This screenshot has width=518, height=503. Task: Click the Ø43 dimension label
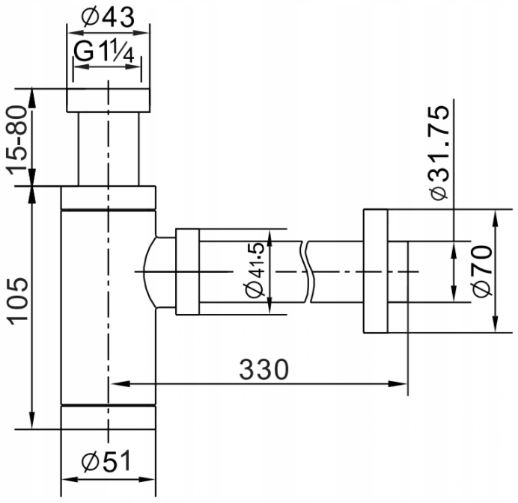click(108, 17)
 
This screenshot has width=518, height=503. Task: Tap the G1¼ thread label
click(104, 51)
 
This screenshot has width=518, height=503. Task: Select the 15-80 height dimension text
click(16, 140)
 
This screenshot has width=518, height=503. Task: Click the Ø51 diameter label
click(106, 460)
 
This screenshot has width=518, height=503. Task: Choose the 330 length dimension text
click(263, 369)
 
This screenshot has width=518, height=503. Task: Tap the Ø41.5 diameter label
click(256, 271)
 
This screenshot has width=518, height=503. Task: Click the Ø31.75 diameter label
click(439, 152)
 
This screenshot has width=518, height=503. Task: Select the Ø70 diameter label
click(483, 271)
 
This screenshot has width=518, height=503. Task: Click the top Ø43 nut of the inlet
click(109, 100)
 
